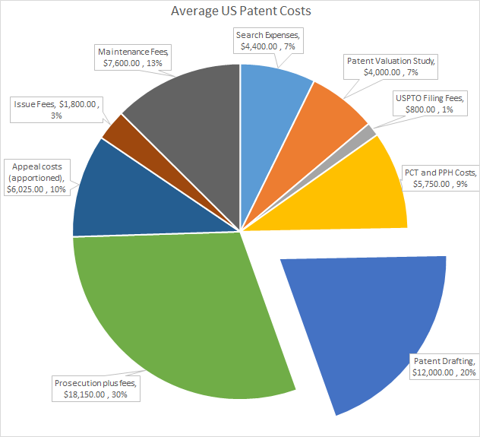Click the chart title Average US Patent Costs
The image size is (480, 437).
coord(240,11)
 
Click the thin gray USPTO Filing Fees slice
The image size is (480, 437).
coord(368,132)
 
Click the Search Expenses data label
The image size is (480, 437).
coord(270,40)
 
